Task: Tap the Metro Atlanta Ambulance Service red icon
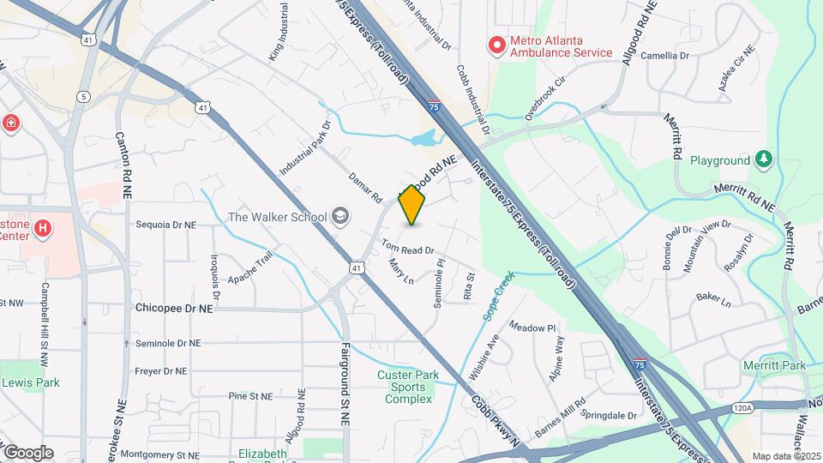pos(496,45)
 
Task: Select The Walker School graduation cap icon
pos(340,216)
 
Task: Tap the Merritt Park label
pos(775,366)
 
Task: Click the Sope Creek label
pos(497,296)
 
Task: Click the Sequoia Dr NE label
pos(166,225)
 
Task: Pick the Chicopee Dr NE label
pos(173,307)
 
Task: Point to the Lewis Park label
pos(30,382)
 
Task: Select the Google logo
pos(28,452)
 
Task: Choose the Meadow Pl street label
pos(532,327)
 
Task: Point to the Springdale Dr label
pos(609,415)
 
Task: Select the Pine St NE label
pos(250,396)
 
